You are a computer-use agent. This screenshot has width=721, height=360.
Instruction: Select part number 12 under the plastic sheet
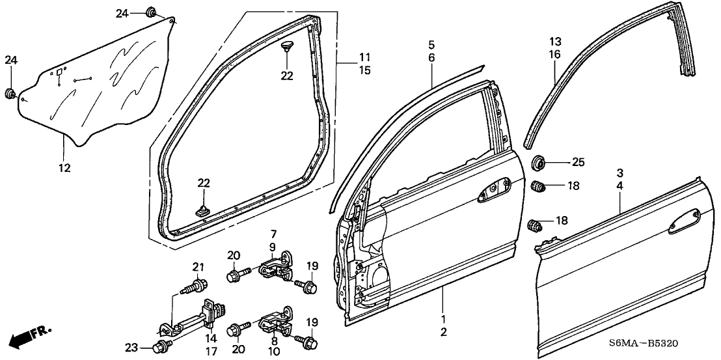(x=64, y=169)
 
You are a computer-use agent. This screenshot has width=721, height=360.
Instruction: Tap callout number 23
(x=132, y=348)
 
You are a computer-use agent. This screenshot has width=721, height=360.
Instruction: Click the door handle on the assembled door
(x=494, y=189)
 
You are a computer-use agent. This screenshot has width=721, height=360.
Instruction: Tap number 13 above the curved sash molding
(x=554, y=42)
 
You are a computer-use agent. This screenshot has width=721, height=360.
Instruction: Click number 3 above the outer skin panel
(x=620, y=173)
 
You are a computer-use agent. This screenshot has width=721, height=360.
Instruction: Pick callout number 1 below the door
(x=443, y=320)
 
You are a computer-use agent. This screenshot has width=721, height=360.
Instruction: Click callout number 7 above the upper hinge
(x=273, y=233)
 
